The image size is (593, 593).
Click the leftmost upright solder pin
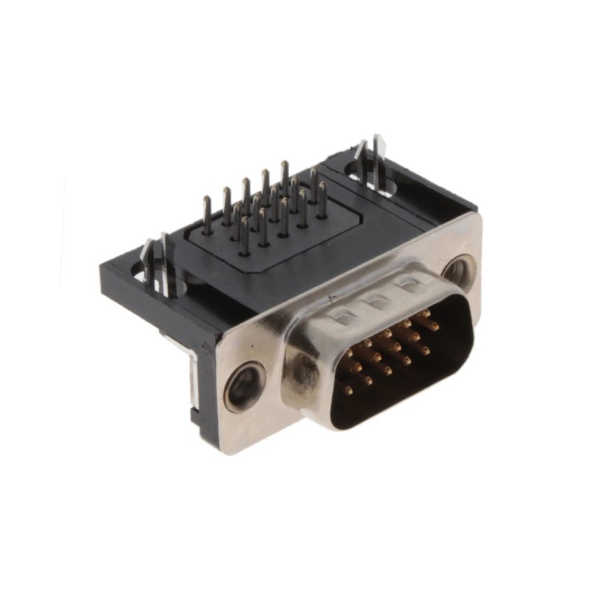[207, 215]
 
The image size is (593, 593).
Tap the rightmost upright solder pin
[322, 199]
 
